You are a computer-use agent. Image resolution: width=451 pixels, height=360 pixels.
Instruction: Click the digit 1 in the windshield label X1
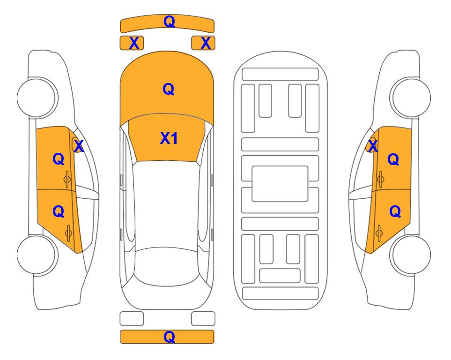coord(174,138)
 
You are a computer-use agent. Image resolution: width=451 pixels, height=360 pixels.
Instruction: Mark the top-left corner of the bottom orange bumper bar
coord(120,330)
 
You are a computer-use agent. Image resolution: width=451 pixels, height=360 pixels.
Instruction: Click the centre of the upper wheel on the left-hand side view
coord(37,97)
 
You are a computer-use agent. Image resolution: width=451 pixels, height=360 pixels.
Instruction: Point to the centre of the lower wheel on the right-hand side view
coord(411,255)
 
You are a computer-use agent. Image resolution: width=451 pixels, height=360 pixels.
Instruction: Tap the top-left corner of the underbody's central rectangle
coord(252,166)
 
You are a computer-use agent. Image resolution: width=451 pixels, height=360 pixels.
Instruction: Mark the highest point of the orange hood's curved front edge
coord(167,51)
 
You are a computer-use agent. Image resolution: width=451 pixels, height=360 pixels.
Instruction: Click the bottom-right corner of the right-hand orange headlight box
coord(215,50)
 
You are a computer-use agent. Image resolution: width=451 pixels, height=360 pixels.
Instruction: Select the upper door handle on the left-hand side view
coord(67,180)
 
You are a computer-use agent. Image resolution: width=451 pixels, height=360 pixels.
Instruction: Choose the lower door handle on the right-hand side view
coord(379,233)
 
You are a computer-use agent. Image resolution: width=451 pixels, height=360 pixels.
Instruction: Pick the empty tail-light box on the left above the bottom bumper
coord(132,319)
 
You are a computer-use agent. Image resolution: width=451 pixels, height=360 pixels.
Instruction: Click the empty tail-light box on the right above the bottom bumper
coord(203,319)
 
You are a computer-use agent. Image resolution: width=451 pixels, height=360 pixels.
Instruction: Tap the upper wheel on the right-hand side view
coord(410,97)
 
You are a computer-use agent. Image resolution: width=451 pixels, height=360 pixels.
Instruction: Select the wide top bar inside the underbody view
coord(280,75)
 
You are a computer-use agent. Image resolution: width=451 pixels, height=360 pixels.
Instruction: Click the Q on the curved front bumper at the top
coord(170,21)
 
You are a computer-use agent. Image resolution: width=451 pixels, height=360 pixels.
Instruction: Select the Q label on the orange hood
coord(169,89)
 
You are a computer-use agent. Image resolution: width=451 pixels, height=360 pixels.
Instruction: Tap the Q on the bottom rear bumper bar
coord(170,337)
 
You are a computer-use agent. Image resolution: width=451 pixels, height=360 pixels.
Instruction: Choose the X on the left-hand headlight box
coord(134,43)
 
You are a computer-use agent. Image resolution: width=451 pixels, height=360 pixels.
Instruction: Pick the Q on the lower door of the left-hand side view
coord(59,212)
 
